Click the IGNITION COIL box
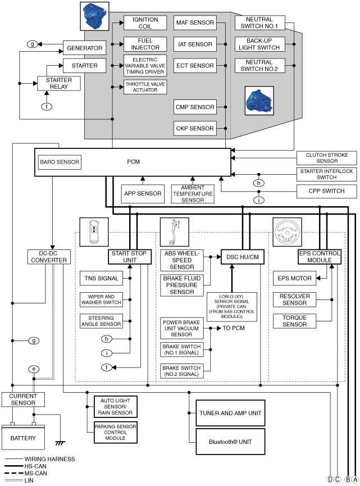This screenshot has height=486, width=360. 145,23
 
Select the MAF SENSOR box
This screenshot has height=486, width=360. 195,22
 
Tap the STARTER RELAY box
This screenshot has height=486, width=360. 59,83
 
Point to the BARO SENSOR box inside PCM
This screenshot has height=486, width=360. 60,162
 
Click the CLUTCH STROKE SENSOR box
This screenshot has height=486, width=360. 326,158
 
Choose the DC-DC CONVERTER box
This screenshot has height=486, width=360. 49,257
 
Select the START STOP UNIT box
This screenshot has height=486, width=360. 130,257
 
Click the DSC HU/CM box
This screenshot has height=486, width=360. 243,257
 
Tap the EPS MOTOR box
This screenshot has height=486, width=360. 295,278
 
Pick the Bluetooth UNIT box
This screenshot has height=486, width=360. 230,442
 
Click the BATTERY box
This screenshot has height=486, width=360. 23,437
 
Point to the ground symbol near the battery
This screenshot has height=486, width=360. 60,443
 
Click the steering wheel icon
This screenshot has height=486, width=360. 287,232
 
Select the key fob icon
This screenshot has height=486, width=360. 94,232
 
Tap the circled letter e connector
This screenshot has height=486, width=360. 34,369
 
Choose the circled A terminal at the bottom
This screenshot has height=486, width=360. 356,479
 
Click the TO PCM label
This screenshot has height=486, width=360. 234,328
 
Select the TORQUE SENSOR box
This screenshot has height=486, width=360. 295,321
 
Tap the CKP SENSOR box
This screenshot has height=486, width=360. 195,128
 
